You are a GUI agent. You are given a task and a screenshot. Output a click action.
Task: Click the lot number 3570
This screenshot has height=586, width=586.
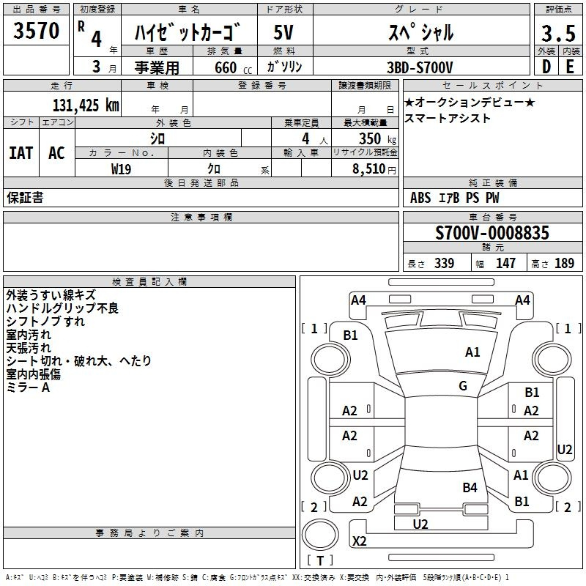(36, 31)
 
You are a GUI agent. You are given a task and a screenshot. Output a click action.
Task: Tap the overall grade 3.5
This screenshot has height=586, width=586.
(558, 33)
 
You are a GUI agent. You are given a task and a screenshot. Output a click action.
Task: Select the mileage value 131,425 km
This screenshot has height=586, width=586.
(86, 105)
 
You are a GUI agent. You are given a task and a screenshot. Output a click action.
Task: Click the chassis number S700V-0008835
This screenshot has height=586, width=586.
(492, 232)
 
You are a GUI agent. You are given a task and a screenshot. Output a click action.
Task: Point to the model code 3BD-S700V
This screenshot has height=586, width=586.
(420, 67)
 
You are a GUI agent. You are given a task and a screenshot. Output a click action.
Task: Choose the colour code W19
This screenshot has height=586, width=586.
(121, 169)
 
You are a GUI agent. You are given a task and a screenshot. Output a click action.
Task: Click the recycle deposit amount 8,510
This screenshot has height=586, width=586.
(368, 169)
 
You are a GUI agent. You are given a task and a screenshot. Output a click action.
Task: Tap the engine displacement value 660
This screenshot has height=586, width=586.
(226, 67)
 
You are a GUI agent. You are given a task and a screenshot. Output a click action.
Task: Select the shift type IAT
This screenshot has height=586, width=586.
(21, 153)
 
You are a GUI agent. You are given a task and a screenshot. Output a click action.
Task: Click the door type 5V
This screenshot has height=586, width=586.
(283, 32)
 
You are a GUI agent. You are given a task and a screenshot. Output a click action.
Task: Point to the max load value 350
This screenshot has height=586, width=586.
(370, 138)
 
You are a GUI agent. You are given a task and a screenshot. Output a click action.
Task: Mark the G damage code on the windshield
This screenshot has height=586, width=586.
(463, 386)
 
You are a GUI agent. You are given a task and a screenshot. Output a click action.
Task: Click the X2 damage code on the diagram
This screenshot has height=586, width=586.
(359, 541)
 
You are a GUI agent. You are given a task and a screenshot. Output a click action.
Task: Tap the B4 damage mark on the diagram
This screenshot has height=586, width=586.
(470, 488)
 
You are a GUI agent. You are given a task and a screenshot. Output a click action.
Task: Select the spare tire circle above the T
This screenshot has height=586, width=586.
(320, 535)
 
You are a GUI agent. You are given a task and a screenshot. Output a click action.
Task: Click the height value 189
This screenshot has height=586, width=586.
(564, 263)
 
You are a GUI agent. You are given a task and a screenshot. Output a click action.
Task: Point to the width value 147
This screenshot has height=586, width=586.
(505, 263)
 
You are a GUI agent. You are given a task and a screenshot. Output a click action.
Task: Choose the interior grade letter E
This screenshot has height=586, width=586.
(570, 67)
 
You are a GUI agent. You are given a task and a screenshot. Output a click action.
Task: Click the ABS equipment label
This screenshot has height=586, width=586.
(420, 198)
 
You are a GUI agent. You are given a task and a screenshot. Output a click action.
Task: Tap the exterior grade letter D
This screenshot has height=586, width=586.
(546, 67)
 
